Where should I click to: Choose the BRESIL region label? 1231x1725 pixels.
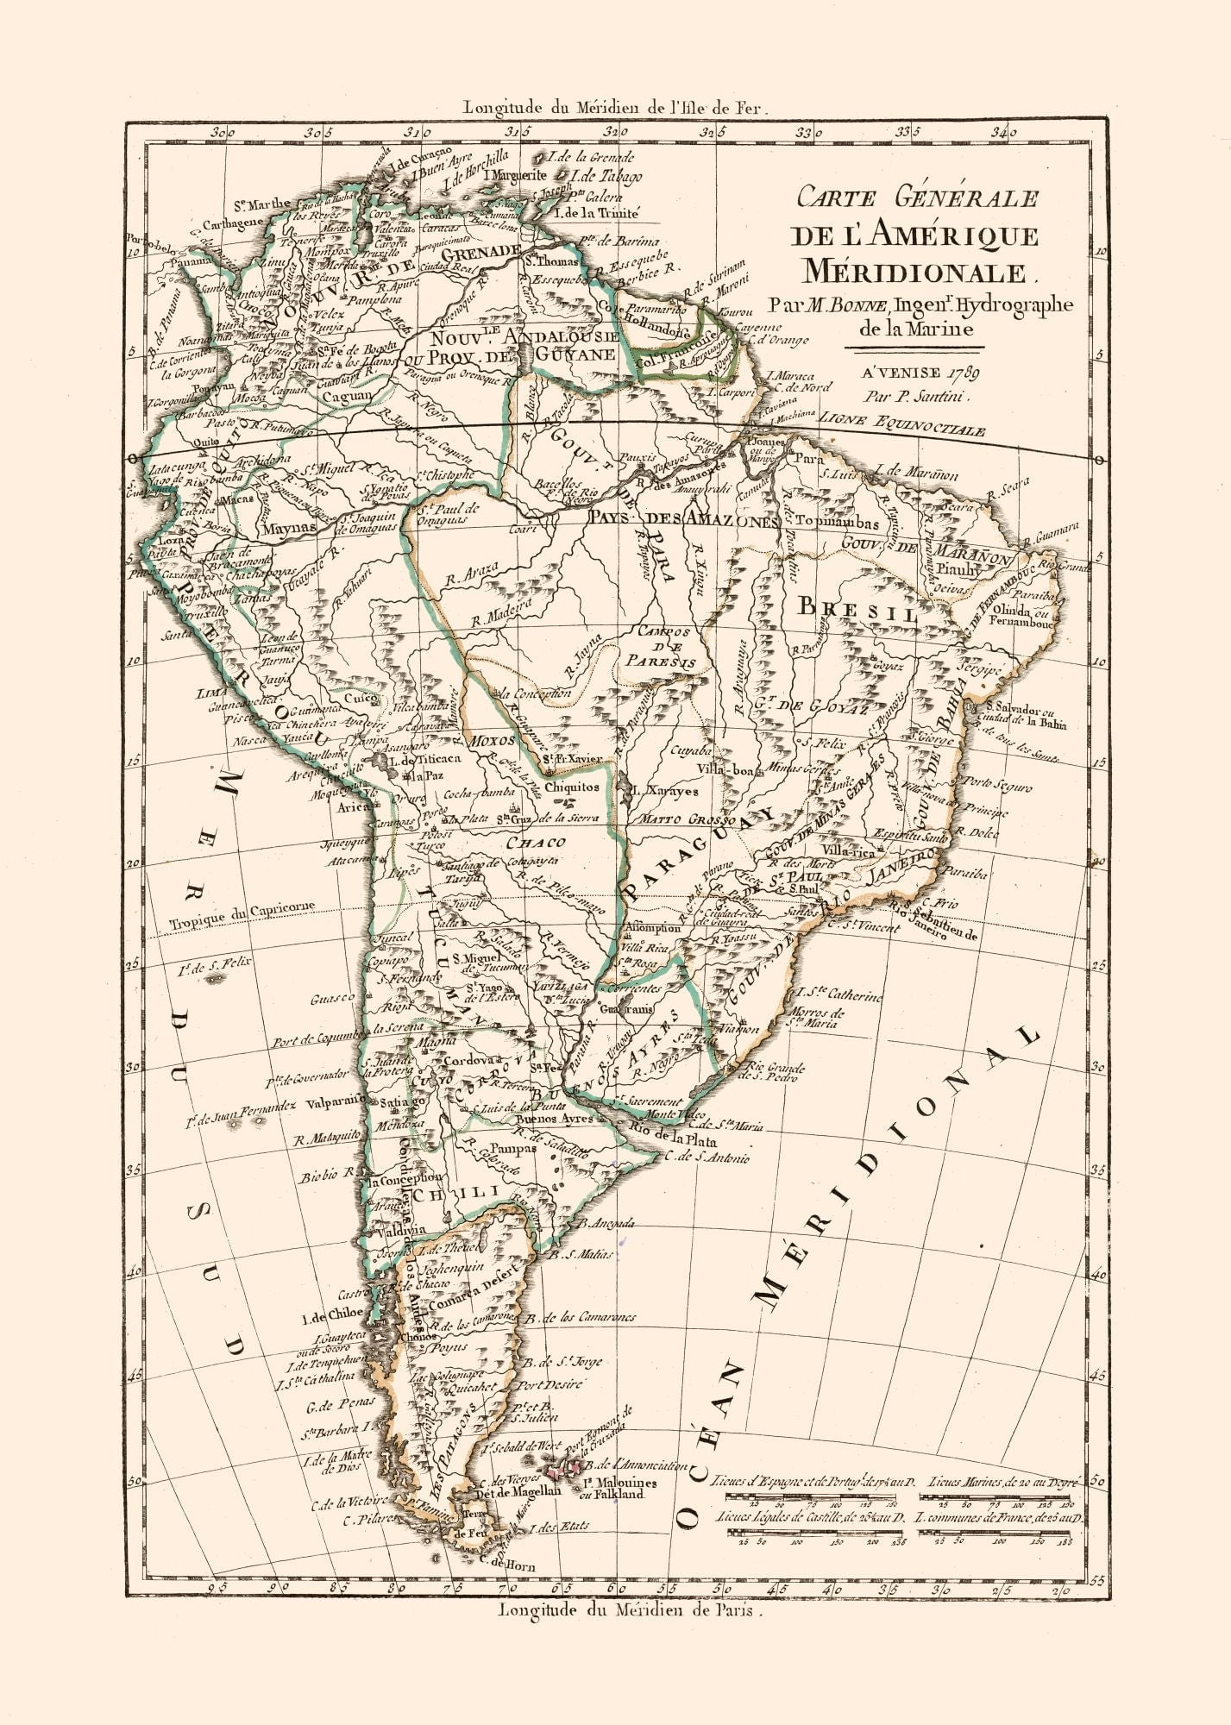pyautogui.click(x=857, y=609)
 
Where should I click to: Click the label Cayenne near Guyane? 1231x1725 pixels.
pyautogui.click(x=757, y=328)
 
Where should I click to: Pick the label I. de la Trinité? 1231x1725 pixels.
pyautogui.click(x=597, y=212)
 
